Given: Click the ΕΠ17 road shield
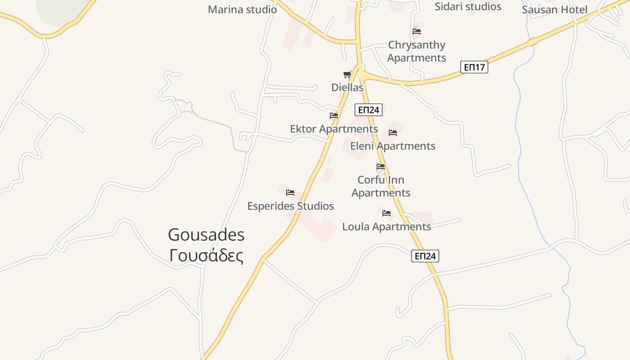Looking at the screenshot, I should click(475, 67).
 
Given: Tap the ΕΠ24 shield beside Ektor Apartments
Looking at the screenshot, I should click(368, 110).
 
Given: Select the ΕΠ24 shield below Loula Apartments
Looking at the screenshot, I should click(425, 256).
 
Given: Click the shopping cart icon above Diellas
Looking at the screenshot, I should click(347, 75).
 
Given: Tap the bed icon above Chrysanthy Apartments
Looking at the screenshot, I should click(417, 31).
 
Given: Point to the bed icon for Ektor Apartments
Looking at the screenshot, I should click(334, 116).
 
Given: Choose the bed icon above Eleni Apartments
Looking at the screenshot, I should click(393, 133).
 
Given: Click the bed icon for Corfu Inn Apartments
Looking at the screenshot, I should click(381, 166).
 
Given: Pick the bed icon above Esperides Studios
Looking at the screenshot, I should click(290, 193).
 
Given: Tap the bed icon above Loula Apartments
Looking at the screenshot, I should click(387, 213).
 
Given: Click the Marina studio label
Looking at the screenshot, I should click(242, 9).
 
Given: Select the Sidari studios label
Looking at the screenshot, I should click(468, 7).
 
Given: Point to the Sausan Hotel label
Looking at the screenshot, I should click(554, 10).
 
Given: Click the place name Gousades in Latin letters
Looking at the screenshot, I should click(206, 235).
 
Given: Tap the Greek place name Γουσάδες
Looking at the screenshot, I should click(206, 256).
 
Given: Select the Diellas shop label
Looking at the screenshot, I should click(347, 87).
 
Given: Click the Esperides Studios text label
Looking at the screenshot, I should click(290, 206).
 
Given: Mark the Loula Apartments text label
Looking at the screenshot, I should click(387, 226).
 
